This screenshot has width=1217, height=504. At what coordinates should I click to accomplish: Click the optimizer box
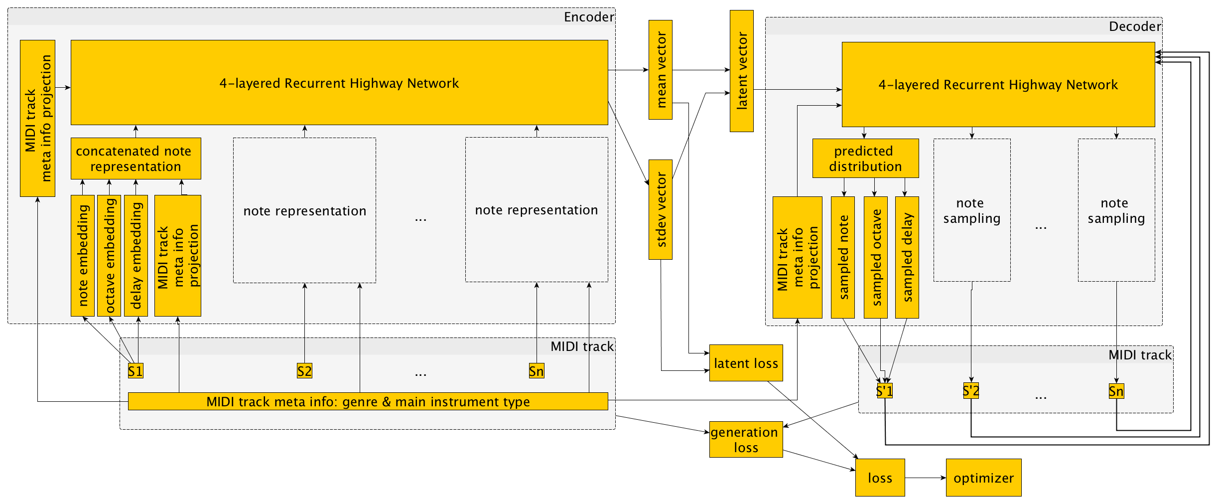tap(983, 478)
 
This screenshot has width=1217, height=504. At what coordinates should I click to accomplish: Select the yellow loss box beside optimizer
tap(880, 478)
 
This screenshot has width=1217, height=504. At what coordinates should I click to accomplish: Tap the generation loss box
tap(746, 439)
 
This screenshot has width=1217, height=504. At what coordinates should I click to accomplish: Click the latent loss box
tap(746, 363)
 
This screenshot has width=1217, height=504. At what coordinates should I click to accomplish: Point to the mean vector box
tap(661, 70)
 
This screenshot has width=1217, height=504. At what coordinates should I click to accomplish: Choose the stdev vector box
tap(661, 209)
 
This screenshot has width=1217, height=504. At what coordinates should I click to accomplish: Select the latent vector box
tap(741, 71)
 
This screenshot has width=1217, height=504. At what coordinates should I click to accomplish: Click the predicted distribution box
tap(865, 159)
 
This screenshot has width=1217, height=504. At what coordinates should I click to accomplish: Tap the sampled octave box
tap(875, 257)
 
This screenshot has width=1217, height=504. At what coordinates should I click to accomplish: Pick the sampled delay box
tap(907, 257)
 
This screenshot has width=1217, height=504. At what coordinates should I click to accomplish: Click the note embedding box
tap(83, 255)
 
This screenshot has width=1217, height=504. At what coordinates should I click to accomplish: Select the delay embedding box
tap(135, 255)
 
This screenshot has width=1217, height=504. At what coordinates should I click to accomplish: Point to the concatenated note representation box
tap(135, 159)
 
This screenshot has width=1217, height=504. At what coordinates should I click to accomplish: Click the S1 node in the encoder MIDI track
tap(135, 371)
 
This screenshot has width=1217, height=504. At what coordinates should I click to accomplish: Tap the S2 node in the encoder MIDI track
tap(304, 371)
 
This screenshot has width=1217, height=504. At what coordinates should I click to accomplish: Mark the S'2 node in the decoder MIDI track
tap(971, 391)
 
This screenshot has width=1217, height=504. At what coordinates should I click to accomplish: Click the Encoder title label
tap(589, 17)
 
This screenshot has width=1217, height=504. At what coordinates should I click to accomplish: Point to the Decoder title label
tap(1135, 26)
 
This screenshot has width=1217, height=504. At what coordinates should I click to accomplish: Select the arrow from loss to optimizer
tap(925, 478)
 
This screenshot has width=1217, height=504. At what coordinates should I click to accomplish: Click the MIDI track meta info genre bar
tap(368, 401)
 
